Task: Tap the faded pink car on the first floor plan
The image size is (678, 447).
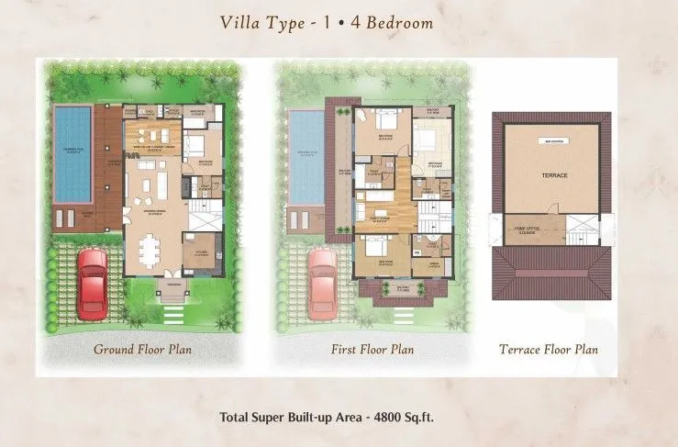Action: click(322, 281)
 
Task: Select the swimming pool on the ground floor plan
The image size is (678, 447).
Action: click(72, 153)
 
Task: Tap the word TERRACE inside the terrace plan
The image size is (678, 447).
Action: click(553, 174)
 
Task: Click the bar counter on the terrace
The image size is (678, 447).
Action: click(554, 142)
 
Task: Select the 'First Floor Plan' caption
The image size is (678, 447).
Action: click(372, 350)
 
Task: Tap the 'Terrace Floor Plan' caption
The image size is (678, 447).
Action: click(549, 350)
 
